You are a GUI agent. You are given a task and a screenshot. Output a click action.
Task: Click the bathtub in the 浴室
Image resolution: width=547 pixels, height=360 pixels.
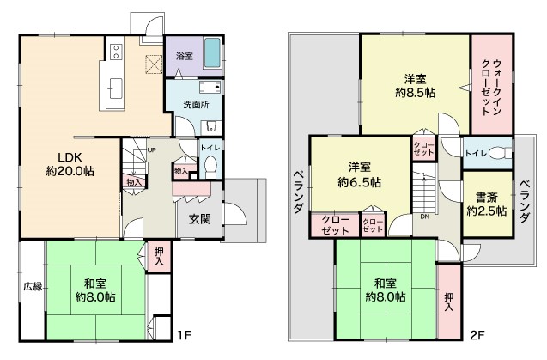212,53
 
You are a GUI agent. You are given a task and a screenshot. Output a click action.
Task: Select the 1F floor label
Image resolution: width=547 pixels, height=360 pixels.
184,335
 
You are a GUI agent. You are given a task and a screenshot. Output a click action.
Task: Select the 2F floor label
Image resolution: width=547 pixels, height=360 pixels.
477,335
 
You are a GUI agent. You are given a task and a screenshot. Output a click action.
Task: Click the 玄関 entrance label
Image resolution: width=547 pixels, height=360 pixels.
200,219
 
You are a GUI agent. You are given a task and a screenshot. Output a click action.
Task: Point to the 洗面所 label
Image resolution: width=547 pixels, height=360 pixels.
196,105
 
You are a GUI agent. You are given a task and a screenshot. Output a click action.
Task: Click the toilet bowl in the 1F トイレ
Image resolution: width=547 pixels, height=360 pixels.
210,167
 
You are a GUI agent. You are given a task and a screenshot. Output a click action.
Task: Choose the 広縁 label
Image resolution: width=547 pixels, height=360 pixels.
33,287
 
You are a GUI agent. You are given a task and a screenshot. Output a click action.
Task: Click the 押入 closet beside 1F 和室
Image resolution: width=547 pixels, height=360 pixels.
159,256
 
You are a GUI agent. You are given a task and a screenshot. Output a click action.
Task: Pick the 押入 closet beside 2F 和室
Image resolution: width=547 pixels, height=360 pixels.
449,302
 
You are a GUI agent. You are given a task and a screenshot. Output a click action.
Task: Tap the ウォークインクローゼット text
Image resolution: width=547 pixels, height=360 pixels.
491,88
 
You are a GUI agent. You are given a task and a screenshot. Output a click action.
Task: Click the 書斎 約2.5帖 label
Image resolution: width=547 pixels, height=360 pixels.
487,204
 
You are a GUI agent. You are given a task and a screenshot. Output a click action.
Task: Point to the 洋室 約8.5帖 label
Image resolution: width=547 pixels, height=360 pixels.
416,86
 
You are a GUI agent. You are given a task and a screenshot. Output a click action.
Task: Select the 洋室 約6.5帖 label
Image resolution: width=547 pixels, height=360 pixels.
359,174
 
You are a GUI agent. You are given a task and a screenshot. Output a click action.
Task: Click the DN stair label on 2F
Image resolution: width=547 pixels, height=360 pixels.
424,217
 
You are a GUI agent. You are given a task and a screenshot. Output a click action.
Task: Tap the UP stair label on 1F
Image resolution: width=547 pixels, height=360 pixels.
151,150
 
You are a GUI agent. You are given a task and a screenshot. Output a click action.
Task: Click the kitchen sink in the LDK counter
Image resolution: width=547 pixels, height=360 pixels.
115,88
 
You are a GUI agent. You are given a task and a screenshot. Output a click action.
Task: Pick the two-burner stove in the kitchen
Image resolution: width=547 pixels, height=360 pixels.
116,52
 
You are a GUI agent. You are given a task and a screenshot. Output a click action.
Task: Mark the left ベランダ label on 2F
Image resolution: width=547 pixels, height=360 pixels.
298,192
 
